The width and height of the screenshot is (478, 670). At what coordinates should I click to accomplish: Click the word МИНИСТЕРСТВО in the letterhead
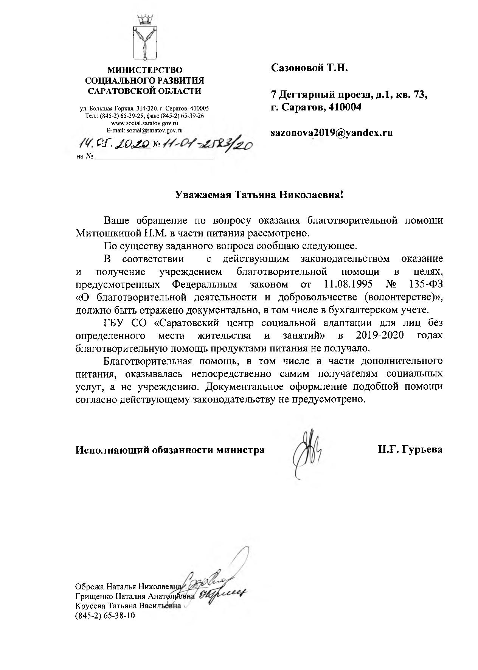point(145,70)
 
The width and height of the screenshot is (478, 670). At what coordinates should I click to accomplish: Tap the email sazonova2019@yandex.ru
point(332,132)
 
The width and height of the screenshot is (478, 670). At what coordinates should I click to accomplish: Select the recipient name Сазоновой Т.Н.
point(309,68)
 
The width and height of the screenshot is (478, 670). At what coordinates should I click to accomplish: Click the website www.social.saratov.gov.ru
point(144,123)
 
